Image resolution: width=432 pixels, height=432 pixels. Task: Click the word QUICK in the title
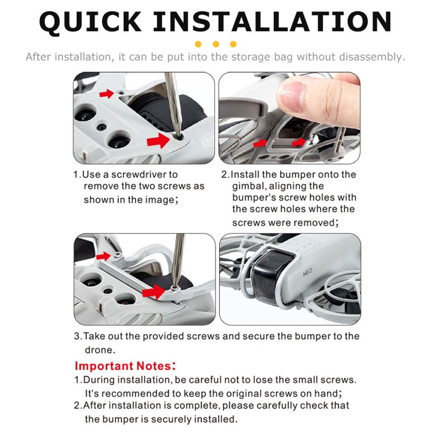90,22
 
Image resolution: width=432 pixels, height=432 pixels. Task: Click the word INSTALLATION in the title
272,22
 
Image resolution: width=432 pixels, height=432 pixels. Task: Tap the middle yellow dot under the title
216,44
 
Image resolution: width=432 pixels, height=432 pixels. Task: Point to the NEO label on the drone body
308,272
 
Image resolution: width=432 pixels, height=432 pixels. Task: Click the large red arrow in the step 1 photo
158,140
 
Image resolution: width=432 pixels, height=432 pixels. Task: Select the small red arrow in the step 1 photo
106,94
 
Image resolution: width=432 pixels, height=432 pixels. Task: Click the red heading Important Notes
125,366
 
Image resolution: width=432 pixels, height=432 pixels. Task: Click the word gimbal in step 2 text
249,186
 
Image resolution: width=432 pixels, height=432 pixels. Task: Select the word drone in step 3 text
99,350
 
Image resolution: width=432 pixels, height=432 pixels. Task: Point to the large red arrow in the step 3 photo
153,292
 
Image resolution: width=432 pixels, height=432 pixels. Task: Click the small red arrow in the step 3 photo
104,256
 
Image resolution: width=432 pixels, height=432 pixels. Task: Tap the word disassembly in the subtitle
372,57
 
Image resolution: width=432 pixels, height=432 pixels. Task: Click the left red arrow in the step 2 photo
260,143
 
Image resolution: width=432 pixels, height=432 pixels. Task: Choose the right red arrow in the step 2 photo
299,142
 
